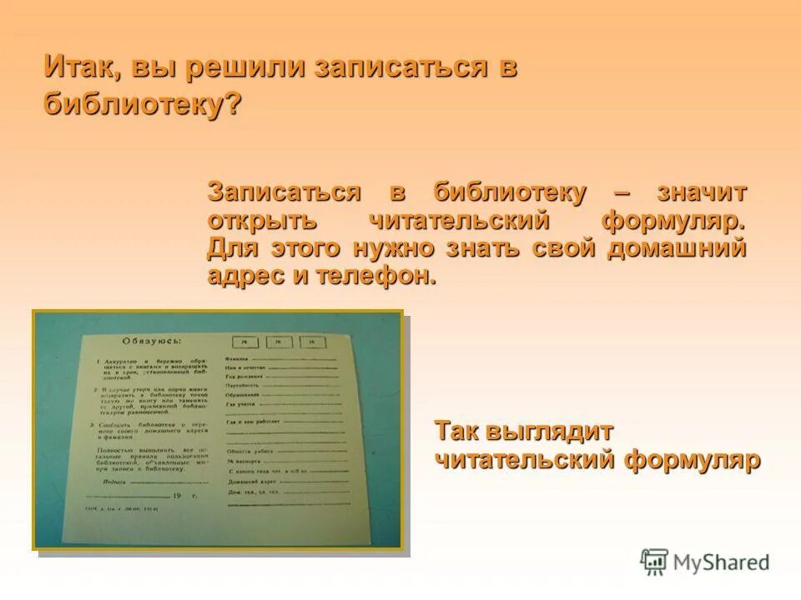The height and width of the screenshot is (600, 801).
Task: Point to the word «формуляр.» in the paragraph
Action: click(673, 221)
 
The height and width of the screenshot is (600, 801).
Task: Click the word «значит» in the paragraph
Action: click(701, 192)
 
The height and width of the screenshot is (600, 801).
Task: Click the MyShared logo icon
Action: click(655, 562)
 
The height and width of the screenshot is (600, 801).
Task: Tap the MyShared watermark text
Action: click(723, 562)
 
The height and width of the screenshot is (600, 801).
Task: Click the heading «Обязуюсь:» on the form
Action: click(151, 341)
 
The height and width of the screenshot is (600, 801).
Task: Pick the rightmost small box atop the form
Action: click(313, 342)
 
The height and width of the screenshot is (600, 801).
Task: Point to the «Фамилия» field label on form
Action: click(238, 358)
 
